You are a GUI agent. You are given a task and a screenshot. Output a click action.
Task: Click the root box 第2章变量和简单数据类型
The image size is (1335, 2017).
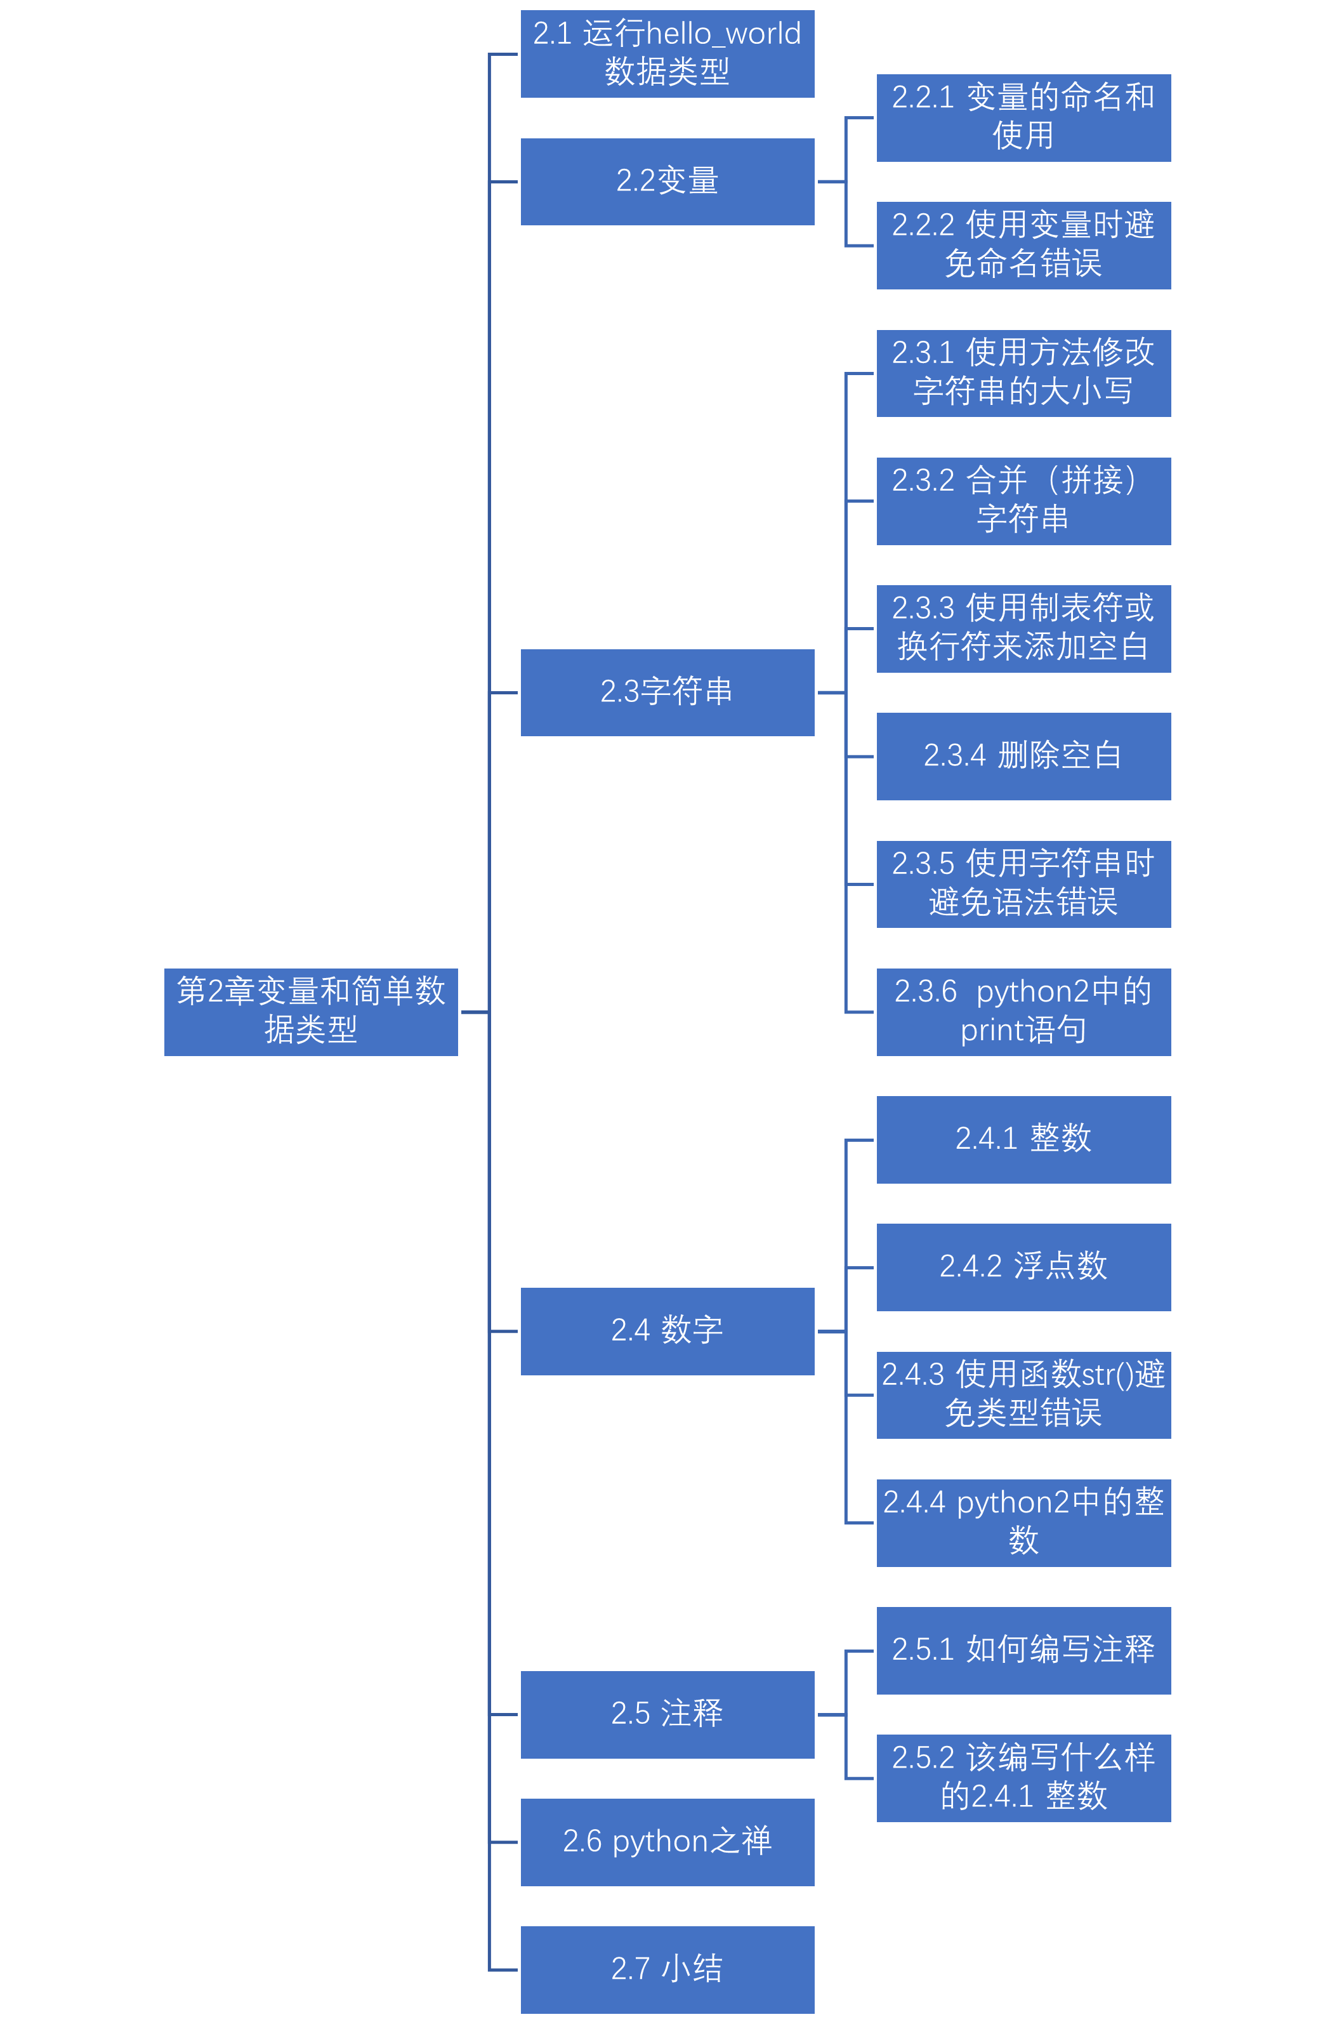[311, 1012]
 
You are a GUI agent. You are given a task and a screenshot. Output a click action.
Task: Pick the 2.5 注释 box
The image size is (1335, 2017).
[667, 1714]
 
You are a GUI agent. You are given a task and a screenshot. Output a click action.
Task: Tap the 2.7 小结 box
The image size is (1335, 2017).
[667, 1969]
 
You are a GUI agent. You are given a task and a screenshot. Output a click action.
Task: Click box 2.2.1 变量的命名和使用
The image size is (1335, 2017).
[1023, 117]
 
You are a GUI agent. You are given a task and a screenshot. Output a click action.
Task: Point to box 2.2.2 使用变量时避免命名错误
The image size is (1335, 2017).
[1023, 245]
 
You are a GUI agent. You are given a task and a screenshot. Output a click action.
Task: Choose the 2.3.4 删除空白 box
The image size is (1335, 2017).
[1023, 756]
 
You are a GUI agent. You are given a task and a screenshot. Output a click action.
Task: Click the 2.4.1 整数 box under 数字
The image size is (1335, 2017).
[1023, 1139]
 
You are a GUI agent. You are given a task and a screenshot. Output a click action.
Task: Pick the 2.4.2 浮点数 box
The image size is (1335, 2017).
[1023, 1267]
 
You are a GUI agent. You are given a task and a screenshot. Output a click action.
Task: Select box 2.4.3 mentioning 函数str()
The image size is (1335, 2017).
[1023, 1394]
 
